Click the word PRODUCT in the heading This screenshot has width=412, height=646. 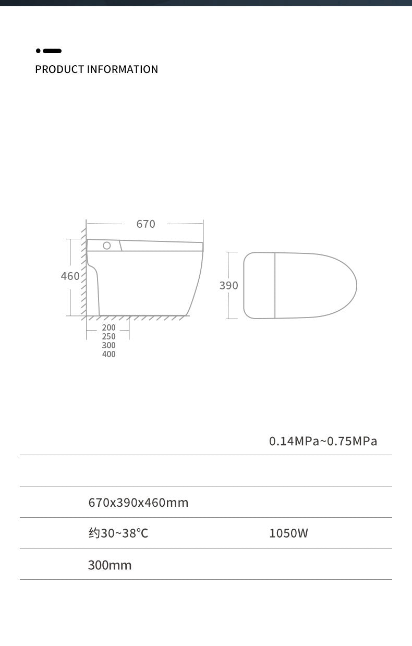coord(59,69)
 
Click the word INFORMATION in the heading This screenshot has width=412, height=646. coord(123,69)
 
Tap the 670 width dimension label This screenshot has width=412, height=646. coord(146,224)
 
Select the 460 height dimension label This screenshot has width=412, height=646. coord(70,276)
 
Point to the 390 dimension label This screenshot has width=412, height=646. coord(229,286)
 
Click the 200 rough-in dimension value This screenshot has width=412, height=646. coord(108,327)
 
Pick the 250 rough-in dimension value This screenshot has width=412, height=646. coord(108,336)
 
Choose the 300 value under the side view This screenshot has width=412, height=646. coord(108,345)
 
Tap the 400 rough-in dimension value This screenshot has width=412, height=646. coord(108,354)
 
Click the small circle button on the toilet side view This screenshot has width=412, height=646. coord(107,246)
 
